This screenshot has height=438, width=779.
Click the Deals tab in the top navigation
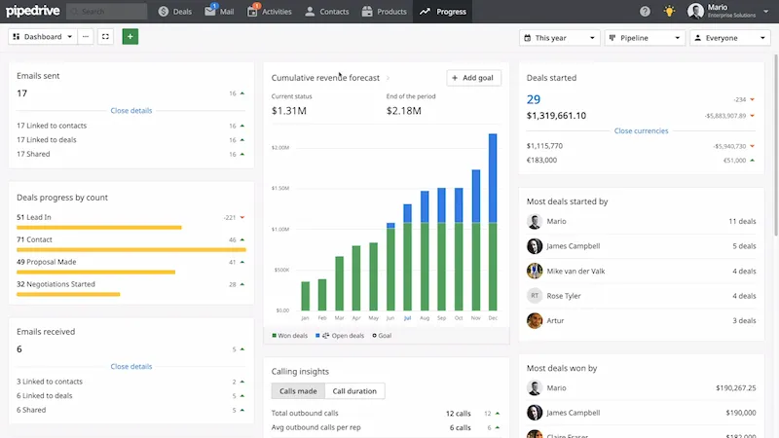175,12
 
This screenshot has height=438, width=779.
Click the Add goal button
474,78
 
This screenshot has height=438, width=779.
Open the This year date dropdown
560,37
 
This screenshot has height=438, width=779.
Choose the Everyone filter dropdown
728,37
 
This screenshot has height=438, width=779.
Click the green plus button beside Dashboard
130,37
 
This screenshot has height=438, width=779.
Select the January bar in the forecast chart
306,296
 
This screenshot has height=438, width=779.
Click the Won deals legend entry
289,335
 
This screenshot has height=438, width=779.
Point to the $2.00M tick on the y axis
280,148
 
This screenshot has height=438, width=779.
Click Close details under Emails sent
131,111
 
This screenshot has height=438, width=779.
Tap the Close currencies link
641,130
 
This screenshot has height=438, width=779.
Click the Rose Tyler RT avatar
535,295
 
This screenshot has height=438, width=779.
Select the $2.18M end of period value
404,112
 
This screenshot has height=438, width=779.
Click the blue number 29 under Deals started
534,99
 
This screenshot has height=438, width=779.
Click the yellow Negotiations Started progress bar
68,293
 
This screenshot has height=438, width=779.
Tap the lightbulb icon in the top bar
669,12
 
